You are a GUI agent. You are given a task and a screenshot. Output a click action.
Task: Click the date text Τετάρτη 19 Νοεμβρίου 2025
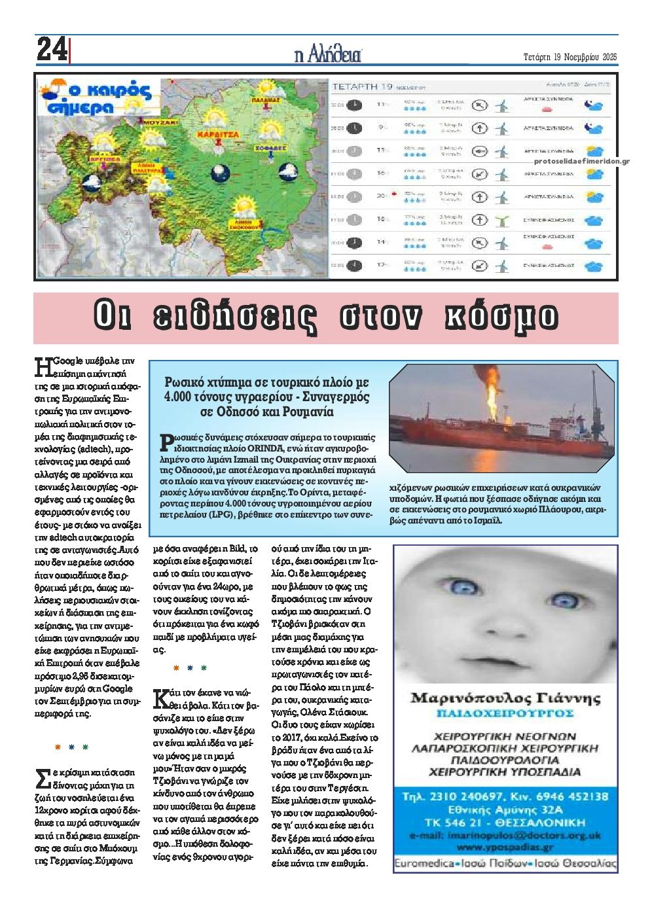(x=570, y=56)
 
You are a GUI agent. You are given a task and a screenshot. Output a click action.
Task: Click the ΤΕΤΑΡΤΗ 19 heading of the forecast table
(x=362, y=86)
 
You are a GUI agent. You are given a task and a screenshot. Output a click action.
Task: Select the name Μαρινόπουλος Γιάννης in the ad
(x=505, y=698)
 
